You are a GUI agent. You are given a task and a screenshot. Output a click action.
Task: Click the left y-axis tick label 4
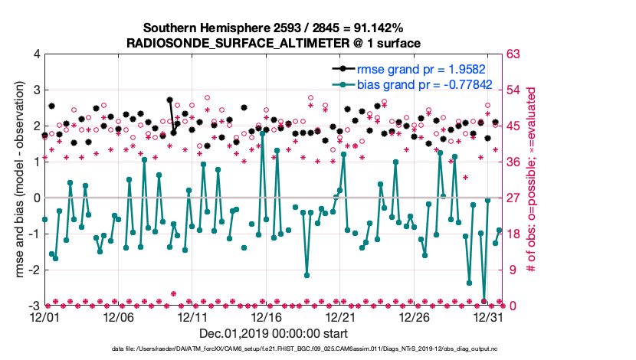pyautogui.click(x=36, y=54)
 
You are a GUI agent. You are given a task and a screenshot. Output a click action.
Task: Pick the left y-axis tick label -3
pyautogui.click(x=34, y=306)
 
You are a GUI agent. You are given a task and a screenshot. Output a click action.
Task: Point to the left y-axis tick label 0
pyautogui.click(x=36, y=198)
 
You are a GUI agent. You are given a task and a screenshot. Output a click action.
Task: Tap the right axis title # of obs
pyautogui.click(x=529, y=180)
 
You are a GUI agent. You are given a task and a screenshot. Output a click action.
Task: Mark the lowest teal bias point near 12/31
pyautogui.click(x=484, y=301)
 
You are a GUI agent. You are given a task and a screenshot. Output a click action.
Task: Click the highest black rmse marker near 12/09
pyautogui.click(x=169, y=100)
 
